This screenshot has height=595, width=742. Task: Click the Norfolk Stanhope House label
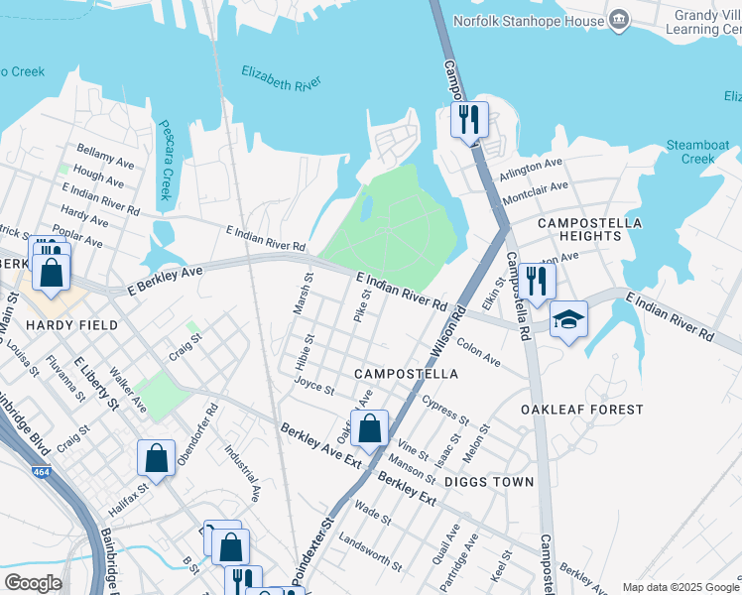tap(529, 20)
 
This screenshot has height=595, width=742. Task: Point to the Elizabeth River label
tap(281, 78)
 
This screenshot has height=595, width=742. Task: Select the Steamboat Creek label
tap(697, 152)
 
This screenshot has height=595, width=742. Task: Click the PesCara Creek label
tap(166, 161)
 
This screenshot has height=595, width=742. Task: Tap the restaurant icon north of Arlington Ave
tap(469, 121)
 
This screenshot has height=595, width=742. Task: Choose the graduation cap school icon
tap(569, 319)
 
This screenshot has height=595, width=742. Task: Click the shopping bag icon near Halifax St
tap(157, 458)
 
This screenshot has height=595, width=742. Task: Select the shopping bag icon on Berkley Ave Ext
tap(369, 428)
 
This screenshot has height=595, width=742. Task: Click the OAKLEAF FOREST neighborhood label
tap(582, 409)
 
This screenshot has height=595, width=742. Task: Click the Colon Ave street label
tap(478, 356)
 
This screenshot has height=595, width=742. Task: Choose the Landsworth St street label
tap(370, 553)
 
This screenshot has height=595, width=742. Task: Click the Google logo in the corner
tap(33, 583)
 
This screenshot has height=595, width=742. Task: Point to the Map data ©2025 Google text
tap(680, 587)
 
